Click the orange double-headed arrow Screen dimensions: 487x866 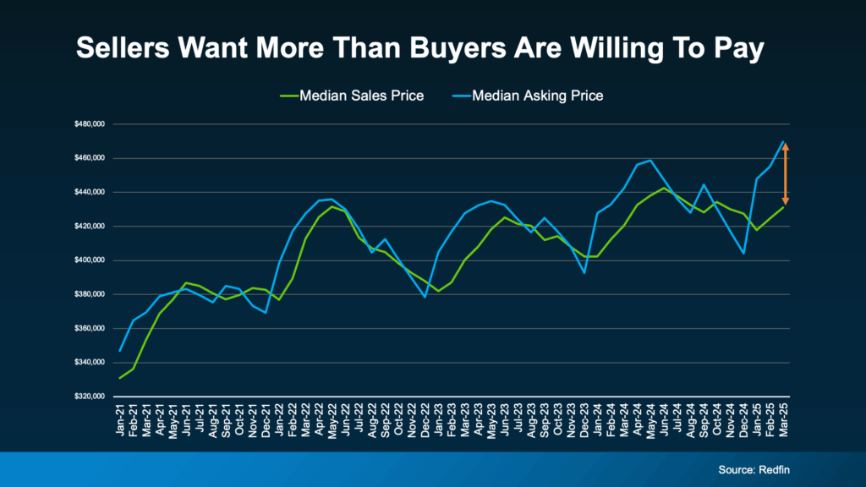786,173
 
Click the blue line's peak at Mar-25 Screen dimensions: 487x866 784,141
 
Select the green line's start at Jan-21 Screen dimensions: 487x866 120,378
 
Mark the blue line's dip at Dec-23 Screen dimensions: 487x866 584,272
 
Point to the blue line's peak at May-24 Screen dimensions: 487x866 650,160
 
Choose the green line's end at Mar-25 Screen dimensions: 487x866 784,207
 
